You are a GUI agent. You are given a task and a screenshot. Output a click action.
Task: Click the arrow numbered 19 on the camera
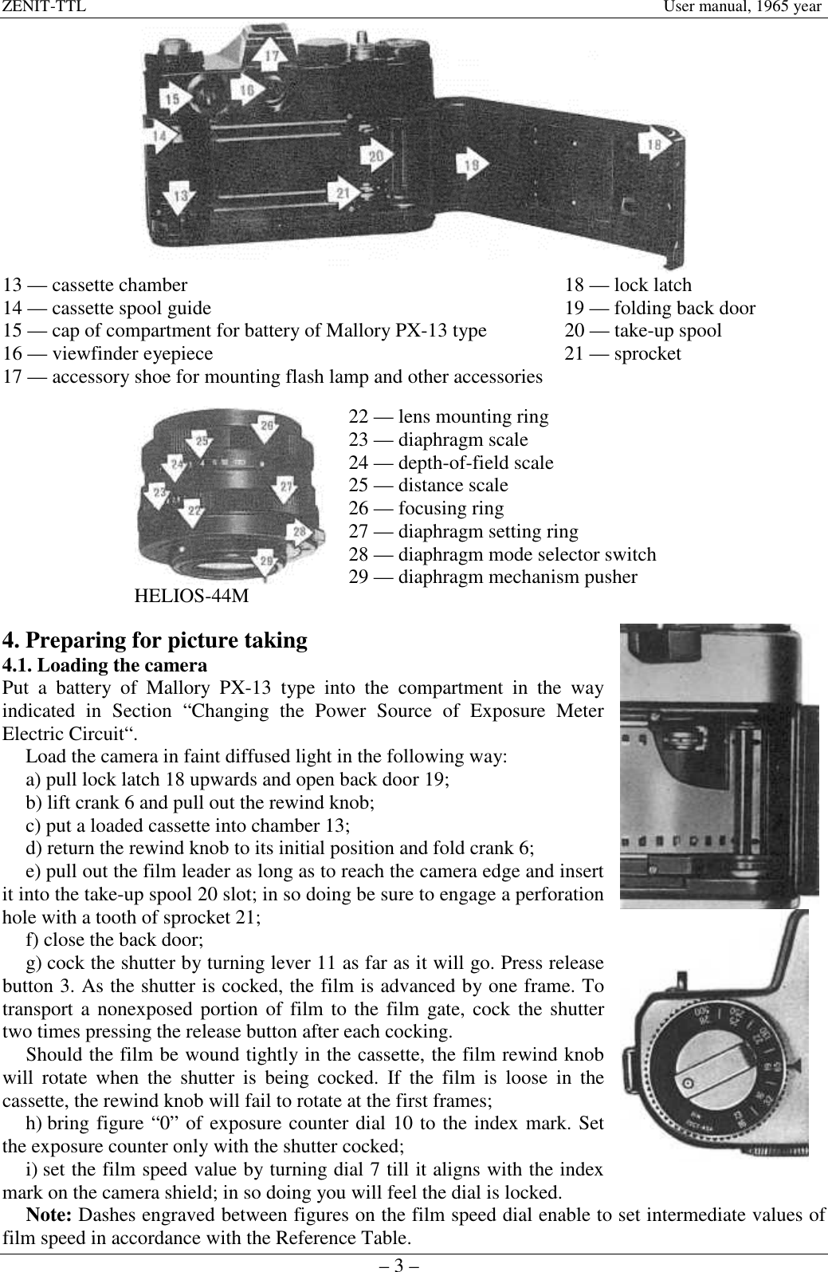point(473,164)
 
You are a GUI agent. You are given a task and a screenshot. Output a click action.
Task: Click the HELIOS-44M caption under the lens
point(191,596)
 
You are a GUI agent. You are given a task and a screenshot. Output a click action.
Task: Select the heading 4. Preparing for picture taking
point(155,640)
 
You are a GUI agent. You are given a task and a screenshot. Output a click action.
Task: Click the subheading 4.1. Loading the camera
point(105,664)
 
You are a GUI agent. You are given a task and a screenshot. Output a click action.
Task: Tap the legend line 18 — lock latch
point(628,285)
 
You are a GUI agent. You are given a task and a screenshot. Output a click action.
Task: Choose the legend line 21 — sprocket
point(622,353)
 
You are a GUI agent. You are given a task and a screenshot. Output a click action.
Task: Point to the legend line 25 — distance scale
point(429,485)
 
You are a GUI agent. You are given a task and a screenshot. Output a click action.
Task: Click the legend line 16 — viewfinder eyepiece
point(108,353)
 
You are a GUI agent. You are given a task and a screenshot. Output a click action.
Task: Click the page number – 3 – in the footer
point(414,1262)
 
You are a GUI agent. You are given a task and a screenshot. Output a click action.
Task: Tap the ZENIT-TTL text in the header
point(43,7)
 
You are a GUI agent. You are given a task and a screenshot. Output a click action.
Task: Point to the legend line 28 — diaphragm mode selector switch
point(503,554)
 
